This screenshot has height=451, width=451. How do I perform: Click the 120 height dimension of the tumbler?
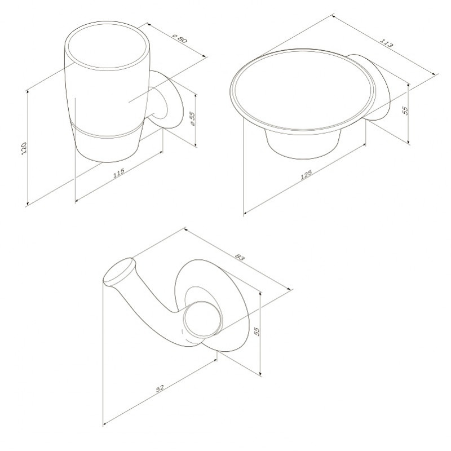click(x=24, y=148)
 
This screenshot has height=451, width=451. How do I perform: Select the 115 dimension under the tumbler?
click(x=119, y=173)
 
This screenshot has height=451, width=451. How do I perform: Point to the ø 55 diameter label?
click(x=192, y=118)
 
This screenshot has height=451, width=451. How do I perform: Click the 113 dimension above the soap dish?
click(x=386, y=43)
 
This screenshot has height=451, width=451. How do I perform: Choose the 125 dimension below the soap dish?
click(x=306, y=175)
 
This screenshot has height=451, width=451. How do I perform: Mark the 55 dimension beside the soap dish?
click(x=405, y=110)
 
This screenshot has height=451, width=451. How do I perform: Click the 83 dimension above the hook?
click(x=240, y=257)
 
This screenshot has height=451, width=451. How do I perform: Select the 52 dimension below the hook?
click(x=160, y=388)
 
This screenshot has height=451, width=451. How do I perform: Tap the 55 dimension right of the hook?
click(x=257, y=331)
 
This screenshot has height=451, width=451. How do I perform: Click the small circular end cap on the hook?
click(x=202, y=319)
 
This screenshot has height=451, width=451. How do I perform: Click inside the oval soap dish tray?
click(x=303, y=91)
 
